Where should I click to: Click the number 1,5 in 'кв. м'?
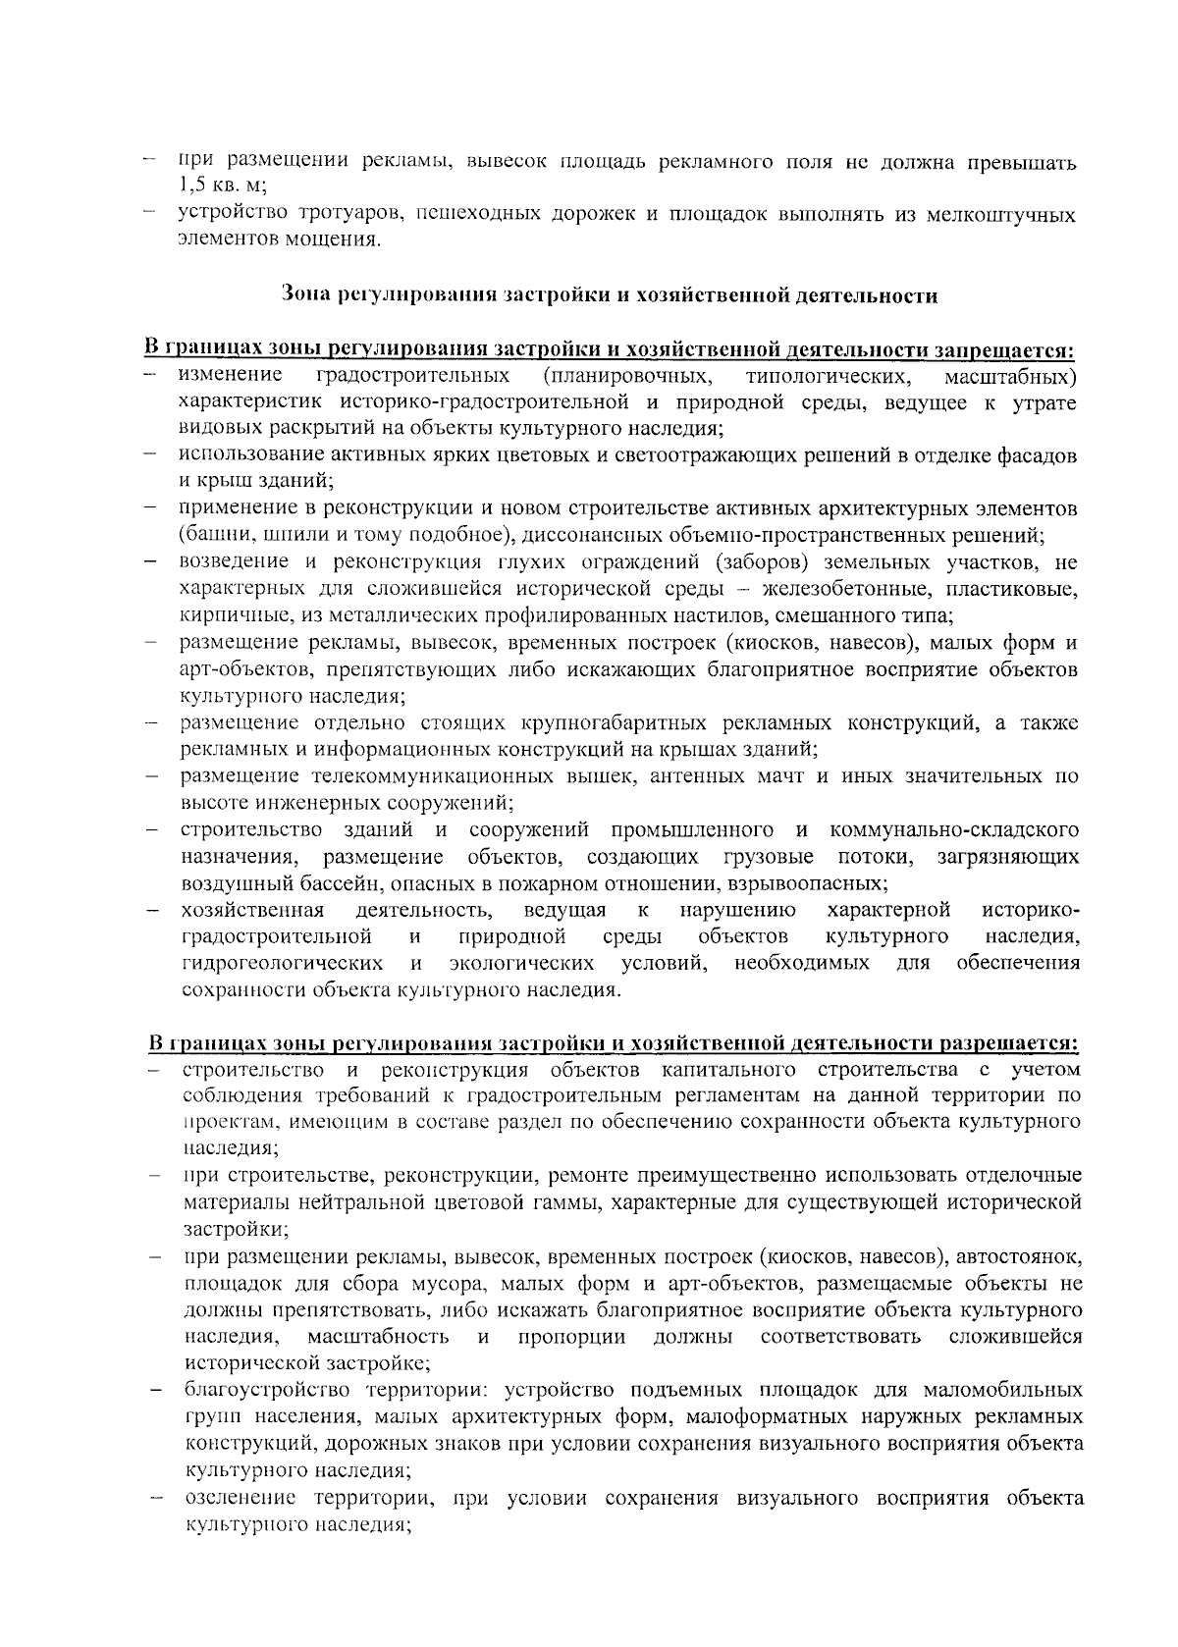tap(191, 187)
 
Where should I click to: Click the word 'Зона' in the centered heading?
tap(301, 294)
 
